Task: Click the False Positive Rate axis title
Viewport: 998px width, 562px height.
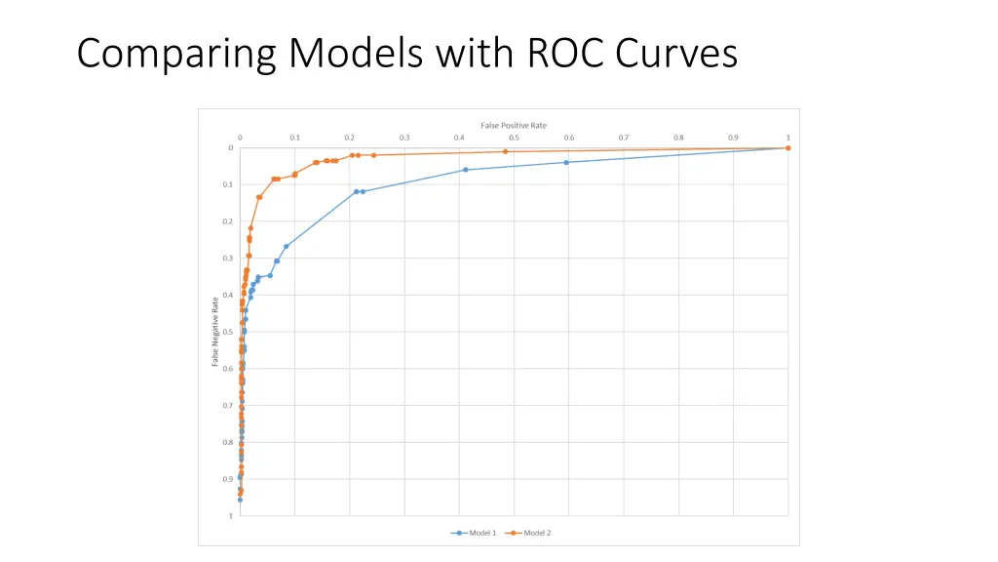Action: pos(514,125)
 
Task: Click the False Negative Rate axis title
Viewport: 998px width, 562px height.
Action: pos(215,332)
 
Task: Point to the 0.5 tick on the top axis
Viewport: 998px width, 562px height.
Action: pos(514,137)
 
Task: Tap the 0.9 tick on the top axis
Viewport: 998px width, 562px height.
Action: pos(733,137)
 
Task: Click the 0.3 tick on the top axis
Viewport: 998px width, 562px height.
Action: pos(404,137)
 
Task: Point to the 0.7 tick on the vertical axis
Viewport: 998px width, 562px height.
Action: pos(228,406)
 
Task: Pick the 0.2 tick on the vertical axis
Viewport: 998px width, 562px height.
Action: pos(228,221)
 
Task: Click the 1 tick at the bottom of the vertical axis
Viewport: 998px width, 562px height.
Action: pos(231,516)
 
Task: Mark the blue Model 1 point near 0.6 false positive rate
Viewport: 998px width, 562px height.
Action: pos(566,162)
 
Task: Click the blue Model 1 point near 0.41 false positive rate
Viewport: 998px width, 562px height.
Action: pos(465,170)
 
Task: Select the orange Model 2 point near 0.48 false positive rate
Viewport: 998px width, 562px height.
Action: pos(505,151)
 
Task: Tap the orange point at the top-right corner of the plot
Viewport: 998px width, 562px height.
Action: pos(787,148)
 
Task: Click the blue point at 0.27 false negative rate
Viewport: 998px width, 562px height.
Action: pos(286,246)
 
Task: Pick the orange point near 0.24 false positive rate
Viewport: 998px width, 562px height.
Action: pos(373,155)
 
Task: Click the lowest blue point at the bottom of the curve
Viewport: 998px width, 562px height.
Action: pos(240,500)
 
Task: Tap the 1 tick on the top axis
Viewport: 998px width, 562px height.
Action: pos(787,137)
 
